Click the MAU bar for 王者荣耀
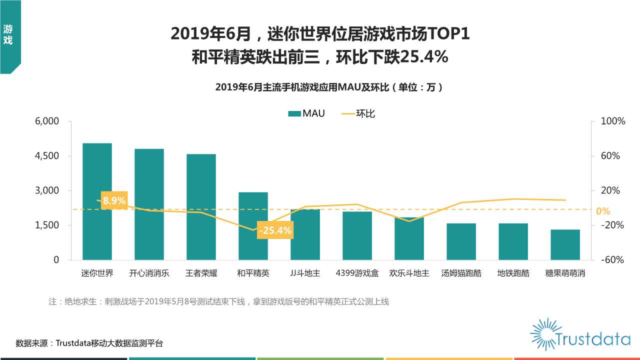[x=201, y=207]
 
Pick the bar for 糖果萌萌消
[x=565, y=244]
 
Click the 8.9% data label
[x=114, y=200]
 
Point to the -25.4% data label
[x=274, y=230]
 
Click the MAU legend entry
[x=306, y=113]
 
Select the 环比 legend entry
[x=358, y=113]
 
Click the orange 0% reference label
[x=603, y=211]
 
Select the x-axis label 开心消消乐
[x=149, y=273]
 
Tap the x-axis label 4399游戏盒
[x=357, y=273]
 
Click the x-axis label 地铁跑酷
[x=513, y=273]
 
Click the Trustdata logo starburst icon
[x=543, y=333]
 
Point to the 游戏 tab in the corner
[x=8, y=35]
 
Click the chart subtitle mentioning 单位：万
[x=328, y=87]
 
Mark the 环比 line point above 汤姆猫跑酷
[x=461, y=202]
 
